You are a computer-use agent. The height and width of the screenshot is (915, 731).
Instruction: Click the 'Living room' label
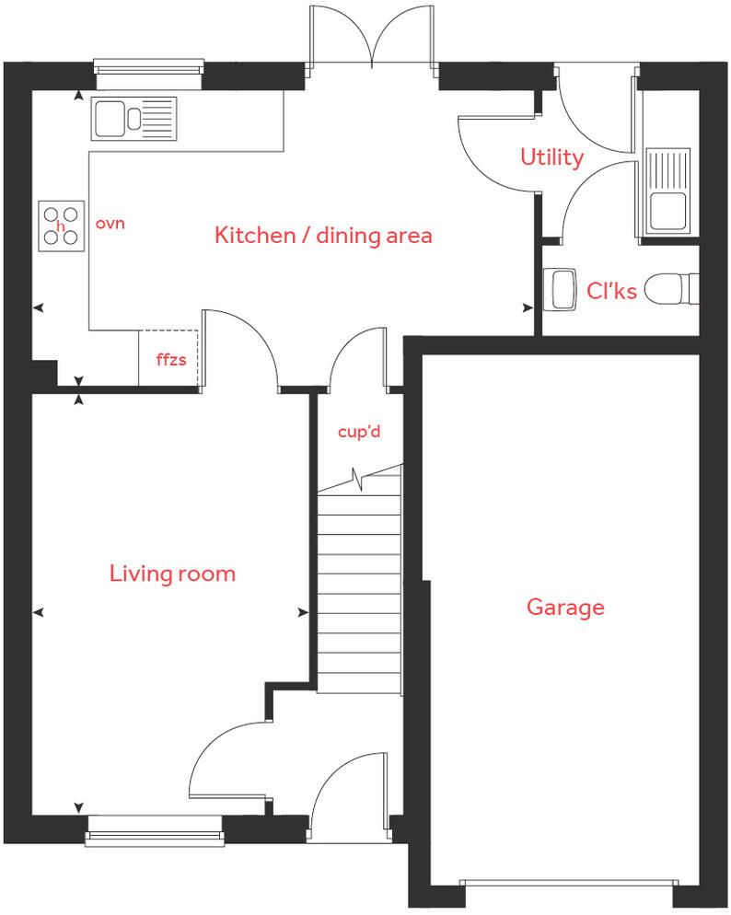click(x=172, y=574)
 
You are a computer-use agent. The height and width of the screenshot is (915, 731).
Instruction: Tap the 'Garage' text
click(x=565, y=608)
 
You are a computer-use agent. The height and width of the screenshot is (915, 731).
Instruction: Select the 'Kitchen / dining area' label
click(x=323, y=236)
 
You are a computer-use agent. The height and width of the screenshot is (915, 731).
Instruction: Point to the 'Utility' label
click(x=551, y=157)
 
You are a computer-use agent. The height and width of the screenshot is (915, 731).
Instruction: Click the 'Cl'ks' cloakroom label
click(x=611, y=291)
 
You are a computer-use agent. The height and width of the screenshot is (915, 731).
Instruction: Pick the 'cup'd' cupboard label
click(x=358, y=431)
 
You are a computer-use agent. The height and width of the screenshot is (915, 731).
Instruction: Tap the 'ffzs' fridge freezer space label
click(x=170, y=360)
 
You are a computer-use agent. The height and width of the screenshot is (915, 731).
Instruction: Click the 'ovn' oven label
click(x=110, y=224)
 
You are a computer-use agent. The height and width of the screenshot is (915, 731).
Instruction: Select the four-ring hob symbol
click(x=62, y=226)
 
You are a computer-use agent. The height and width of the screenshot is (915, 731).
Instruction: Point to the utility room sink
click(x=667, y=191)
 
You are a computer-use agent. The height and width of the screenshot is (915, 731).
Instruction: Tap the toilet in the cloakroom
click(x=670, y=290)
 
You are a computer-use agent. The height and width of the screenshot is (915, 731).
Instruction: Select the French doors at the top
click(x=372, y=37)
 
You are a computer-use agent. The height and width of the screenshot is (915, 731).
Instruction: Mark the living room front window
click(x=156, y=836)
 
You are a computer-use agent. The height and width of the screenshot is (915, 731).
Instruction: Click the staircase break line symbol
click(x=360, y=481)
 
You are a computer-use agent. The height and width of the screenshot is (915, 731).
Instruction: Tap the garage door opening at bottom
click(x=566, y=884)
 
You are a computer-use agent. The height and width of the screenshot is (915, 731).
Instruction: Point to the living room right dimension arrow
click(x=301, y=612)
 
